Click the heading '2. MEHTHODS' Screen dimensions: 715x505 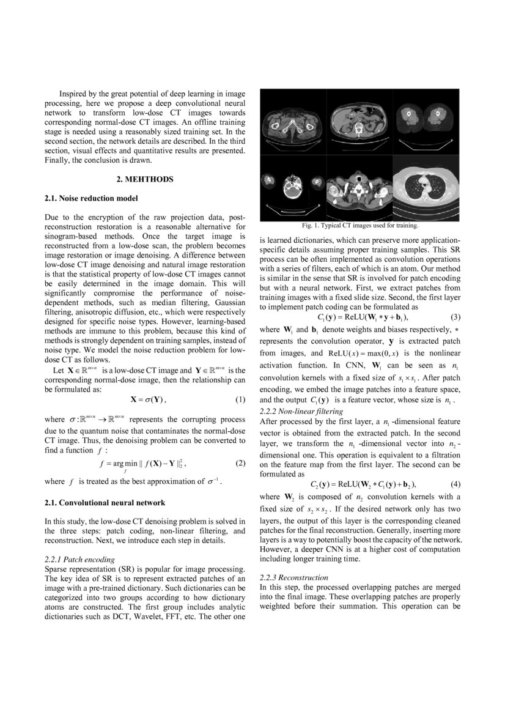[145, 179]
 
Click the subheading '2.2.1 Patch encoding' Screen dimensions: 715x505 [79, 559]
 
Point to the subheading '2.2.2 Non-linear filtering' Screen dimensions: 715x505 [301, 411]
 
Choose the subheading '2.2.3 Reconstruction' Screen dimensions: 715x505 [294, 577]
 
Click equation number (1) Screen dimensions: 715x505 [240, 400]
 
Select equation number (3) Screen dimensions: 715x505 [455, 317]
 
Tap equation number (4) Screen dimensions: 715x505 [455, 484]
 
